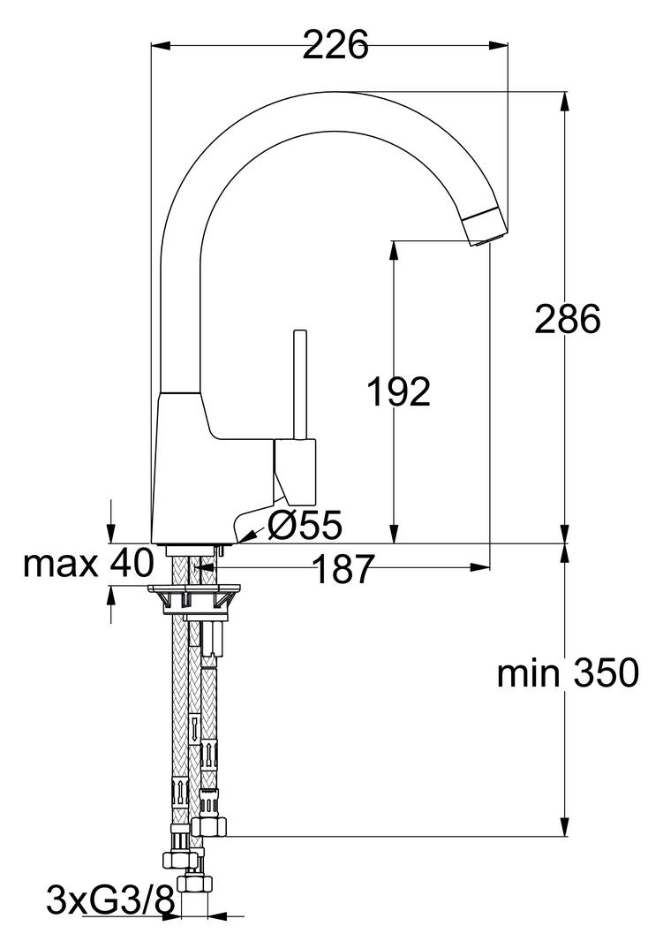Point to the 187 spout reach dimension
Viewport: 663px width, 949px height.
pos(343,570)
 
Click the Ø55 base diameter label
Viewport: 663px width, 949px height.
pos(304,527)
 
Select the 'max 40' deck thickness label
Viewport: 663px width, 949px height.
pos(88,563)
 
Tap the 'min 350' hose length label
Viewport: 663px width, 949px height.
pos(567,674)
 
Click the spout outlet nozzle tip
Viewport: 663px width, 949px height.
pos(486,229)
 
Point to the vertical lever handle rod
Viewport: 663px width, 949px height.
pos(300,384)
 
